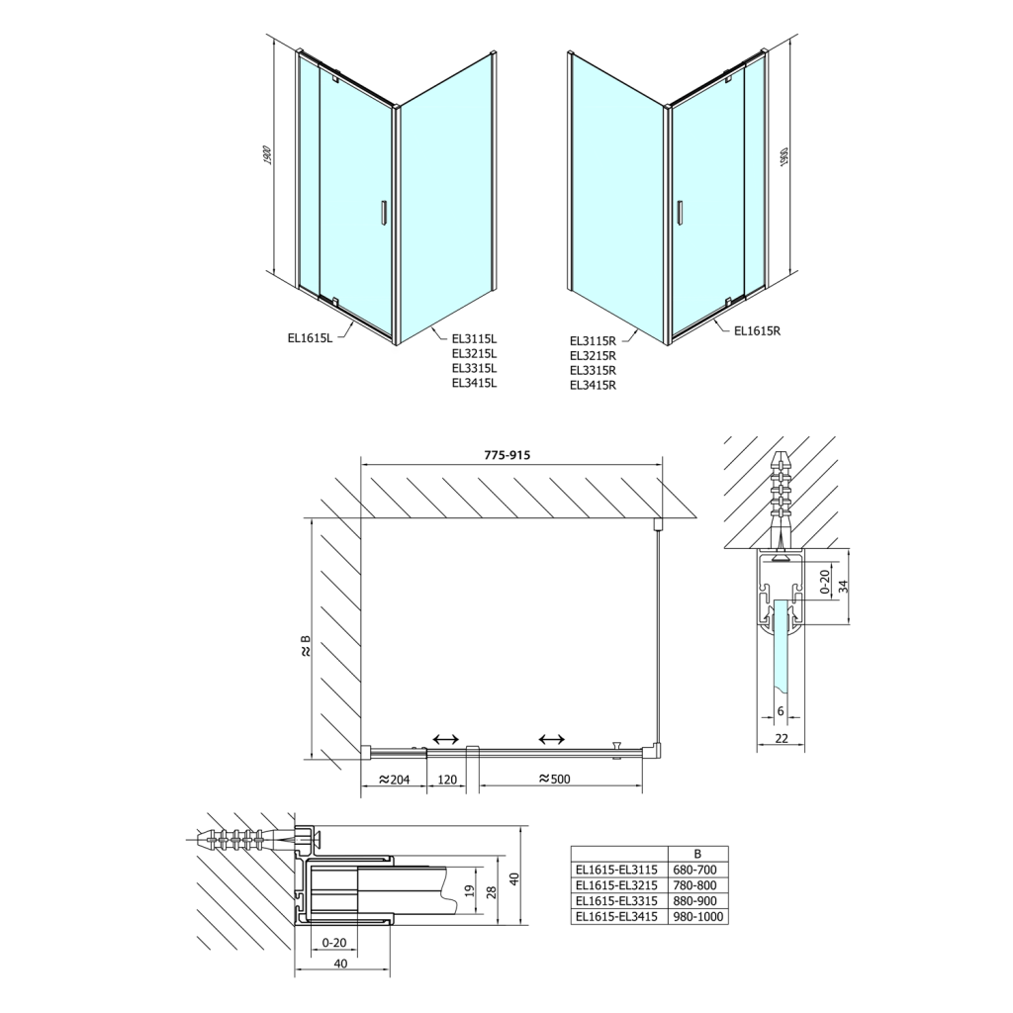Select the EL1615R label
pos(759,331)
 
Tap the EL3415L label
pos(474,383)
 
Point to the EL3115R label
pos(593,340)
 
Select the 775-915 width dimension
pos(508,455)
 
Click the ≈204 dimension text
pos(394,779)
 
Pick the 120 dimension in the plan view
pos(447,779)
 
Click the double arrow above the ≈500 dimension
pos(551,739)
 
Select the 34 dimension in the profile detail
pos(842,587)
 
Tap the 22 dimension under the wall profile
pos(781,739)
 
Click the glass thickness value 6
pos(781,711)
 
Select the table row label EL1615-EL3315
pos(615,901)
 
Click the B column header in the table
pos(698,853)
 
